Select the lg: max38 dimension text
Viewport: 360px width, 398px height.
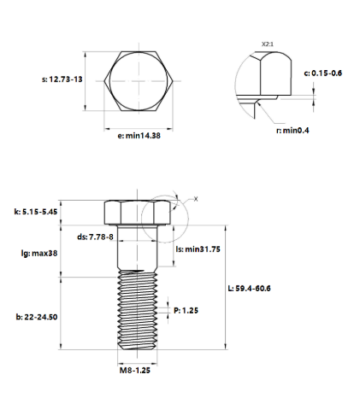[39, 253]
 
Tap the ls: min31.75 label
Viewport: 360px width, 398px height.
[198, 249]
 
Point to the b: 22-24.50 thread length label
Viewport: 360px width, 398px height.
[37, 316]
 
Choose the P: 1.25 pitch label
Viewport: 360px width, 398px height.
[186, 311]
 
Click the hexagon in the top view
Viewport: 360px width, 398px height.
[139, 81]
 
